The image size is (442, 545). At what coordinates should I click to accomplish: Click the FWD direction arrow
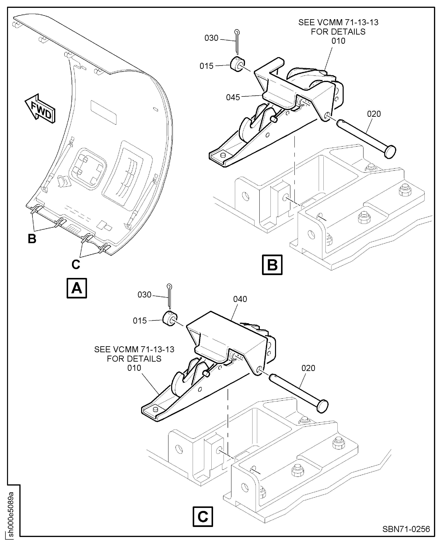40,109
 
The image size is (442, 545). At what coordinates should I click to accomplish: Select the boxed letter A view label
77,288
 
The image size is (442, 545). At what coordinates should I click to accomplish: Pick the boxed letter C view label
203,517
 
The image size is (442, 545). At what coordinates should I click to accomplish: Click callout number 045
233,97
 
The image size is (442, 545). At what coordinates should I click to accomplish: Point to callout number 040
240,299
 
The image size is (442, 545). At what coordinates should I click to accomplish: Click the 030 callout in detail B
211,38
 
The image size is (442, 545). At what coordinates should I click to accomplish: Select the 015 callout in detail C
140,321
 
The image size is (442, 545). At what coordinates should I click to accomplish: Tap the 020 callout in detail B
374,114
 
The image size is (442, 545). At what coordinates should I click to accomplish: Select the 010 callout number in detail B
338,41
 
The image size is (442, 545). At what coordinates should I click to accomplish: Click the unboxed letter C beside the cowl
76,264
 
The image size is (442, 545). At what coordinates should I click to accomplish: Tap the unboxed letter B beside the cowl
32,239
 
